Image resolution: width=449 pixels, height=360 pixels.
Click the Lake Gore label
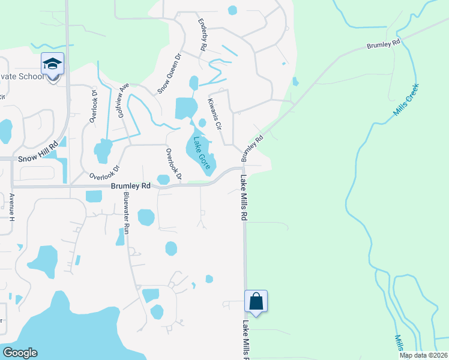pos(202,153)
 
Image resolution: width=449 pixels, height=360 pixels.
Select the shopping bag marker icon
pos(256,302)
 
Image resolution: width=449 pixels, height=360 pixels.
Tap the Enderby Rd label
pos(202,34)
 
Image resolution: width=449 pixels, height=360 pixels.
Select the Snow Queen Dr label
pos(169,74)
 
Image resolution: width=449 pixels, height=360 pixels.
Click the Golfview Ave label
pos(123,99)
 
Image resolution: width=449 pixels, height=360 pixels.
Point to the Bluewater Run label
pos(127,213)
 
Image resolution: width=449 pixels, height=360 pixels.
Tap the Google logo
pos(20,352)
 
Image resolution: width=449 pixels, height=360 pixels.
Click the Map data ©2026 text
pos(423,355)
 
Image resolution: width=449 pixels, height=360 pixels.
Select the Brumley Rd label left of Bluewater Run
pos(130,187)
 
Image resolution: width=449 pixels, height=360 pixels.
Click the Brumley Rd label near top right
pos(384,44)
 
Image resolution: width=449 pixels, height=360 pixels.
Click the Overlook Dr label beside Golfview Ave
pos(94,106)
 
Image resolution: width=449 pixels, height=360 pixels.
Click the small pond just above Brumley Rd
pos(163,179)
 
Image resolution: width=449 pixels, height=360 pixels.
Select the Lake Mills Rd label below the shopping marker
pos(246,340)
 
